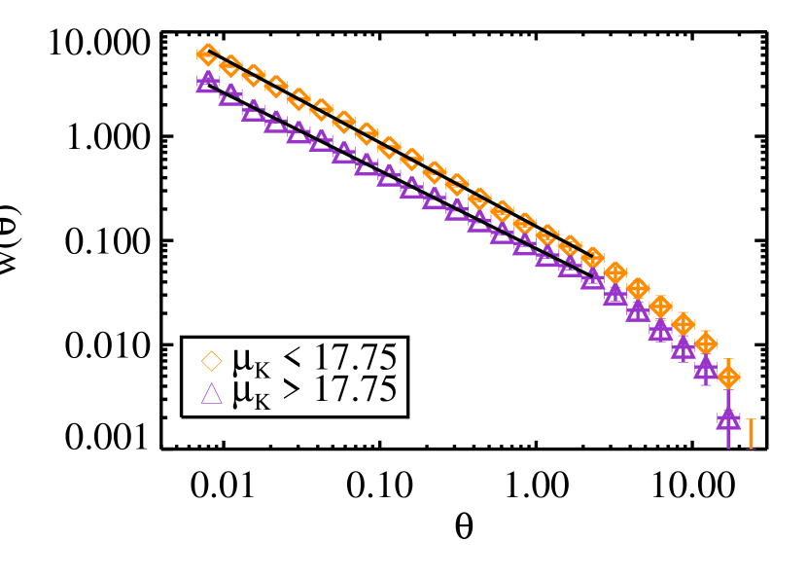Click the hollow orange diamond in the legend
click(212, 361)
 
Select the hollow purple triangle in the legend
click(212, 394)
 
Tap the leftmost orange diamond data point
click(208, 54)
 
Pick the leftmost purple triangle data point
click(208, 81)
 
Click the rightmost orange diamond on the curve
click(728, 377)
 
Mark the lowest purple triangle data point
click(728, 419)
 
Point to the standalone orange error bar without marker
click(751, 433)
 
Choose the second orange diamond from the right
click(706, 343)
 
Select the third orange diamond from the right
click(684, 324)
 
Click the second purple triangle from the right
click(706, 368)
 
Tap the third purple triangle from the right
click(684, 347)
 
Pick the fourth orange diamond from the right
click(660, 307)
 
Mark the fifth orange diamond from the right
click(638, 289)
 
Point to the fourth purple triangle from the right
click(660, 330)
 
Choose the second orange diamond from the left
click(230, 66)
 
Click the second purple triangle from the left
click(230, 93)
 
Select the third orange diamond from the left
click(253, 76)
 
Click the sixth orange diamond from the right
click(615, 273)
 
